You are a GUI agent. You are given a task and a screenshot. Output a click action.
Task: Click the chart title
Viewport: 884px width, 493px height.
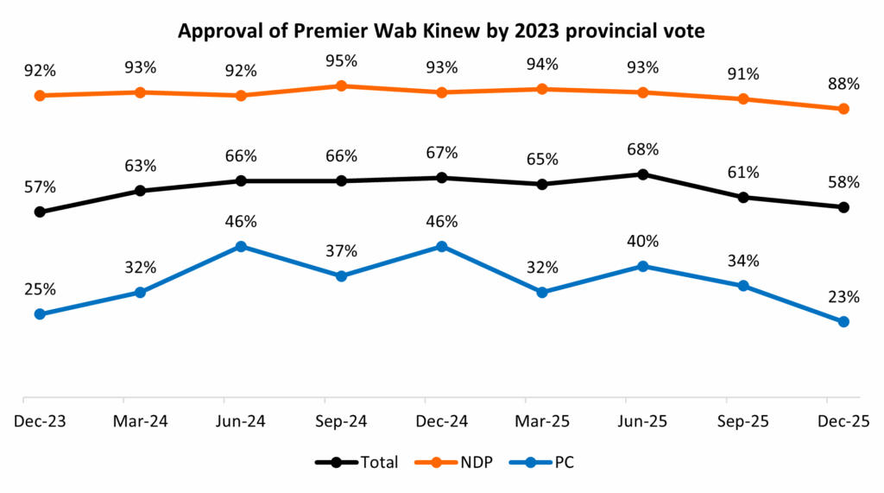442,33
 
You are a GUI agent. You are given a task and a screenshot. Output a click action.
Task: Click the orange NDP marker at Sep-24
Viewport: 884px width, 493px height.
341,85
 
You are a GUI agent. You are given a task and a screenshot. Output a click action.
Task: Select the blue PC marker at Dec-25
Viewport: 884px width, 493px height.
843,321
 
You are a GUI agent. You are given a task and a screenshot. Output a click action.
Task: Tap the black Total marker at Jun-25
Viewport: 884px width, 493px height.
642,174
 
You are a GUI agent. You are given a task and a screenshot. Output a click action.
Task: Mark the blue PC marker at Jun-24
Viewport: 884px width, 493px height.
241,246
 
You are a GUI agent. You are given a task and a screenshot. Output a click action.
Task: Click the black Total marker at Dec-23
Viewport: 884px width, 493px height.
40,212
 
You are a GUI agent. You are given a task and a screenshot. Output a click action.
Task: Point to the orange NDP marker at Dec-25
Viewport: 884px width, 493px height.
843,109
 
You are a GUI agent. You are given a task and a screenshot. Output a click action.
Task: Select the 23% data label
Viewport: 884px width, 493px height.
843,298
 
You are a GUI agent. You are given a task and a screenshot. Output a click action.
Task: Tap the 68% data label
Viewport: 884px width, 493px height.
642,150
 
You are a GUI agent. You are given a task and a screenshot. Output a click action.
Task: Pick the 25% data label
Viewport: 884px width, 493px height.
40,289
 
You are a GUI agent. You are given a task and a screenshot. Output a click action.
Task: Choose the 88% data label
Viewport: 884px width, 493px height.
843,85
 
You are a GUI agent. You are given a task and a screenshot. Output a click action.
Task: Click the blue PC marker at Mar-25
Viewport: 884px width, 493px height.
542,292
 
